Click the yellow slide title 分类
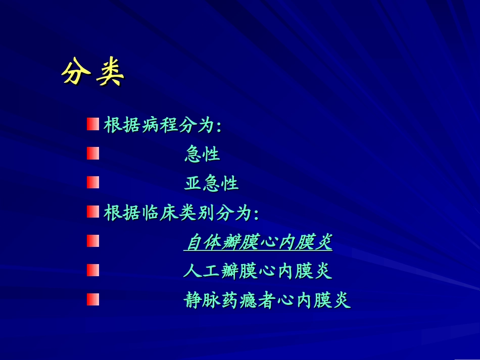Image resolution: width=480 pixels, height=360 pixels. click(92, 74)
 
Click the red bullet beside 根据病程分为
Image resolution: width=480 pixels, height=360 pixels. click(92, 124)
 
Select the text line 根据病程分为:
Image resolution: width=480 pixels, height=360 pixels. click(163, 125)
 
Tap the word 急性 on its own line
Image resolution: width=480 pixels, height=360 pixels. click(202, 154)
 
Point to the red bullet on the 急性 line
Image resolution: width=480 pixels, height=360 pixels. click(92, 153)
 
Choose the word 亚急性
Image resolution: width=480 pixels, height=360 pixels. click(211, 183)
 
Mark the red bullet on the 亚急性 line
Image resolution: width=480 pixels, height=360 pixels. click(92, 183)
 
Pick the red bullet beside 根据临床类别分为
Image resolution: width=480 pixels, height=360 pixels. click(92, 212)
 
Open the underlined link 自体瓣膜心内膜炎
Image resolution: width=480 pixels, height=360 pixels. click(258, 243)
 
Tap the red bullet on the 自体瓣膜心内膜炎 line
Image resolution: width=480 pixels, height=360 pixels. click(92, 241)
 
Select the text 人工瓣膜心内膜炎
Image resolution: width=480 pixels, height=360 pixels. click(258, 272)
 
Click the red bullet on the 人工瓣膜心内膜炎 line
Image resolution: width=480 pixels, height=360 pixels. click(92, 271)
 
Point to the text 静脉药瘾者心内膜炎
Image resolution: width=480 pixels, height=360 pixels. click(267, 301)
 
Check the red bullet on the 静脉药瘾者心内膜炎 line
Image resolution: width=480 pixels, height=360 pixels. click(92, 300)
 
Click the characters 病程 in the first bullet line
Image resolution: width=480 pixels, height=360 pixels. click(159, 125)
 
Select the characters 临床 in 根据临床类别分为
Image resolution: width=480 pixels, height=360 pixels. click(159, 213)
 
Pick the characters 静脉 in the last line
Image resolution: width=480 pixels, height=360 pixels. click(202, 301)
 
